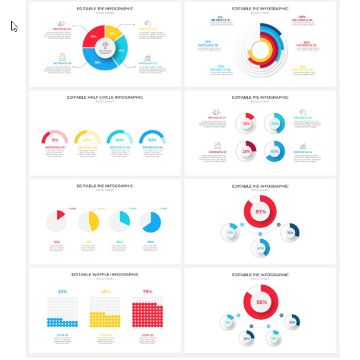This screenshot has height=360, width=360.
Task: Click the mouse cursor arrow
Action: (x=14, y=26)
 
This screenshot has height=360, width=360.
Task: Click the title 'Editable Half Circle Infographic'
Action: (x=105, y=97)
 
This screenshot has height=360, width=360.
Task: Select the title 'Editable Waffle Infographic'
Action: (x=105, y=274)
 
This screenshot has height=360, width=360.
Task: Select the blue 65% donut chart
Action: (x=274, y=151)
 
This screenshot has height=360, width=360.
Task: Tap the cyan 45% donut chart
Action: (x=274, y=123)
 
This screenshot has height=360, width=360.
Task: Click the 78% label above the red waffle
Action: (x=147, y=291)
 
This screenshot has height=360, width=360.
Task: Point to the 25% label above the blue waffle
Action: (x=62, y=291)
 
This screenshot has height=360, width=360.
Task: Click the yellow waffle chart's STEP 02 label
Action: (x=105, y=335)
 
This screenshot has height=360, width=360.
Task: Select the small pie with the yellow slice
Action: (x=88, y=222)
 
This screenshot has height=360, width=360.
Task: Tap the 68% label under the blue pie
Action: (x=151, y=242)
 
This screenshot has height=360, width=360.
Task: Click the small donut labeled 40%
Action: (x=260, y=248)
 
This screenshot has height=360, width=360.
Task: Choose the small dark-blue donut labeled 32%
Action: (x=290, y=232)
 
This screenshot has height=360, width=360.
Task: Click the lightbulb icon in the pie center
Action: (x=105, y=45)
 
